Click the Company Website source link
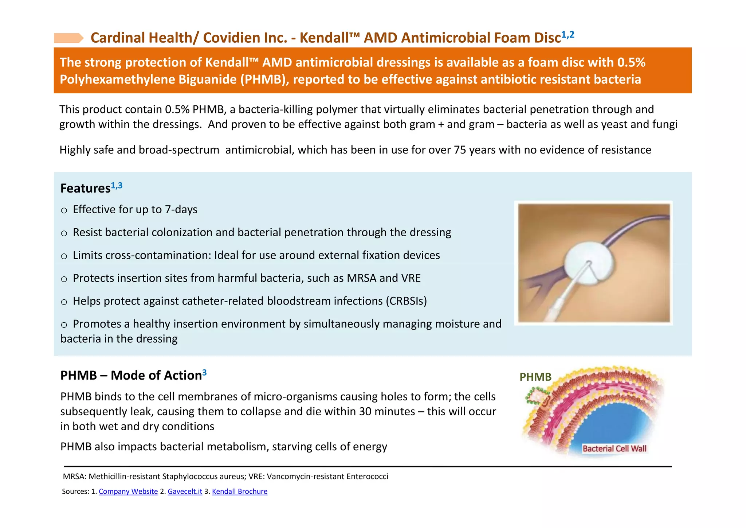pyautogui.click(x=128, y=491)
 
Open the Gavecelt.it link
pyautogui.click(x=185, y=491)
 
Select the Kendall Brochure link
pyautogui.click(x=239, y=491)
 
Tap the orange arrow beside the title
pyautogui.click(x=68, y=38)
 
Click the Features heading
pyautogui.click(x=85, y=188)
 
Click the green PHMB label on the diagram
pyautogui.click(x=535, y=377)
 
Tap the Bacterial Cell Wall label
pyautogui.click(x=615, y=449)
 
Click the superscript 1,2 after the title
pyautogui.click(x=568, y=35)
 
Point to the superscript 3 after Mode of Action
pyautogui.click(x=205, y=372)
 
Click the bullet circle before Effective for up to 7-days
pyautogui.click(x=64, y=210)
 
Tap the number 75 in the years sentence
pyautogui.click(x=460, y=150)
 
